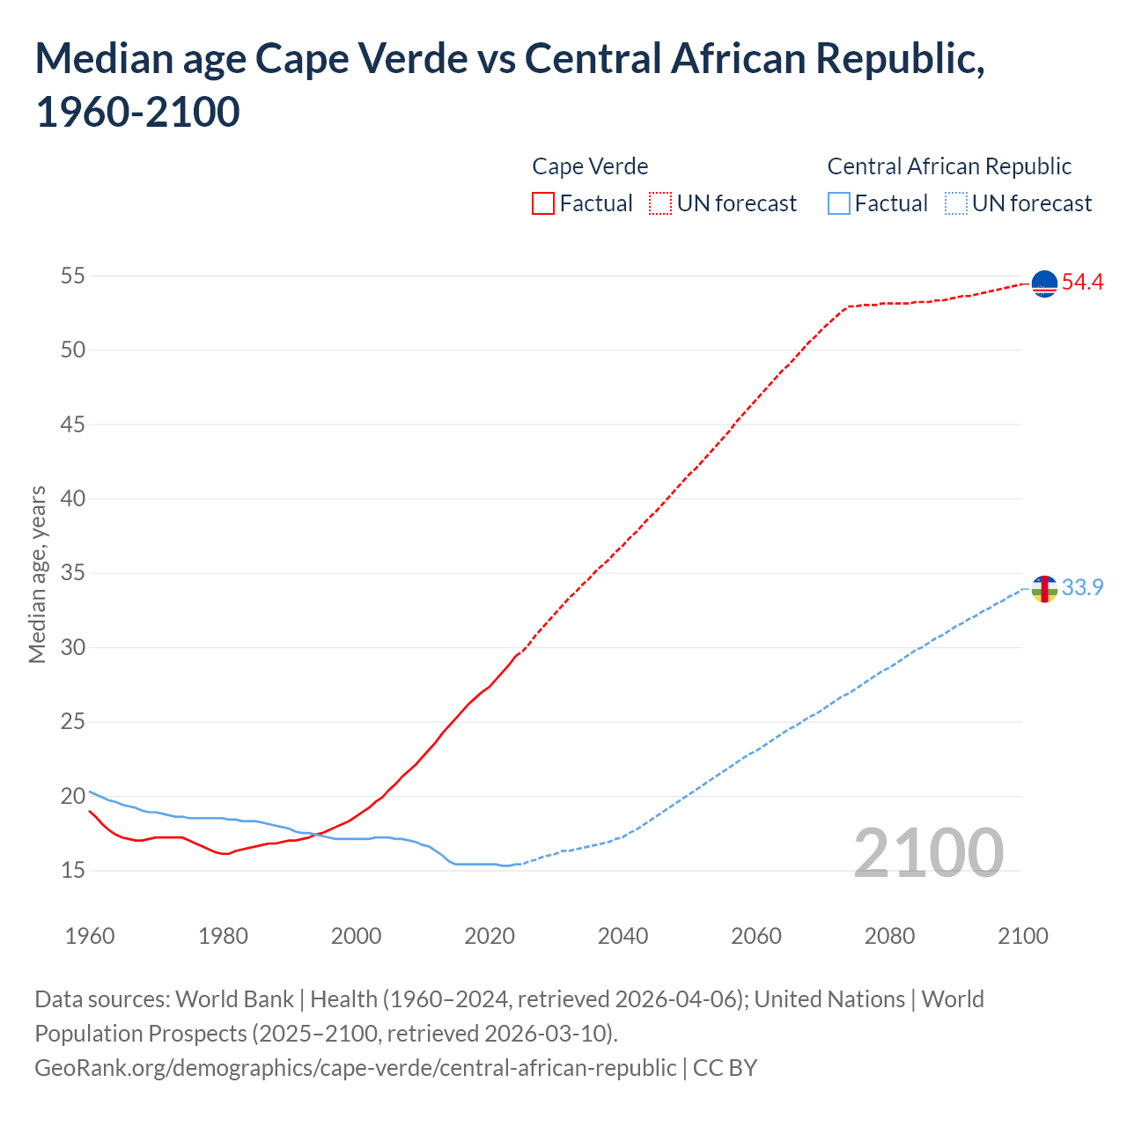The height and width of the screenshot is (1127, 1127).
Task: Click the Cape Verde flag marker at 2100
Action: pyautogui.click(x=1044, y=284)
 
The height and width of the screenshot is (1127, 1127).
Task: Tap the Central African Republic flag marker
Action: pyautogui.click(x=1044, y=588)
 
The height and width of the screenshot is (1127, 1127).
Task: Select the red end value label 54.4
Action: pyautogui.click(x=1082, y=283)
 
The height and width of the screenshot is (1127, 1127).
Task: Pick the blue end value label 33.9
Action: pyautogui.click(x=1082, y=587)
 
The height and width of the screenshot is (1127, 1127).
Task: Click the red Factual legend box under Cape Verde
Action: pyautogui.click(x=543, y=203)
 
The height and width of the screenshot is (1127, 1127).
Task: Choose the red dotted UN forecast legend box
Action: pyautogui.click(x=660, y=203)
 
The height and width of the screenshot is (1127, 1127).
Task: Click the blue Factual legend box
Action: pyautogui.click(x=839, y=203)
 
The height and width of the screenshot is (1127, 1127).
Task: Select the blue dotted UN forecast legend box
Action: pyautogui.click(x=956, y=203)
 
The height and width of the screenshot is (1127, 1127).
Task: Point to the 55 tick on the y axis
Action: pyautogui.click(x=73, y=276)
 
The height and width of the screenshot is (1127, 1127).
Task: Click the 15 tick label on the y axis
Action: pyautogui.click(x=73, y=871)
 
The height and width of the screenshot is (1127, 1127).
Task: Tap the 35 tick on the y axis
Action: pyautogui.click(x=73, y=573)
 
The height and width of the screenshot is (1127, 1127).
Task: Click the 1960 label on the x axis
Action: pyautogui.click(x=90, y=935)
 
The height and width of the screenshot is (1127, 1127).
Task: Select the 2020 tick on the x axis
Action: pyautogui.click(x=490, y=935)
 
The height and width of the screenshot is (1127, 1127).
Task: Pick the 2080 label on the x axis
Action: pyautogui.click(x=889, y=935)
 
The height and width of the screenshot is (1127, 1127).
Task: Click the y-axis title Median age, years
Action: pyautogui.click(x=37, y=573)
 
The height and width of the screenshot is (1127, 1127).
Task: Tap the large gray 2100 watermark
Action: pyautogui.click(x=928, y=852)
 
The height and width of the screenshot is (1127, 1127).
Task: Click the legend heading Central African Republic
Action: pyautogui.click(x=949, y=166)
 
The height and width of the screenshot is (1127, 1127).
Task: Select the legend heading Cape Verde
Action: pyautogui.click(x=590, y=166)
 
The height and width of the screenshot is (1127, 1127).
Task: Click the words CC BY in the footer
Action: pyautogui.click(x=725, y=1067)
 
